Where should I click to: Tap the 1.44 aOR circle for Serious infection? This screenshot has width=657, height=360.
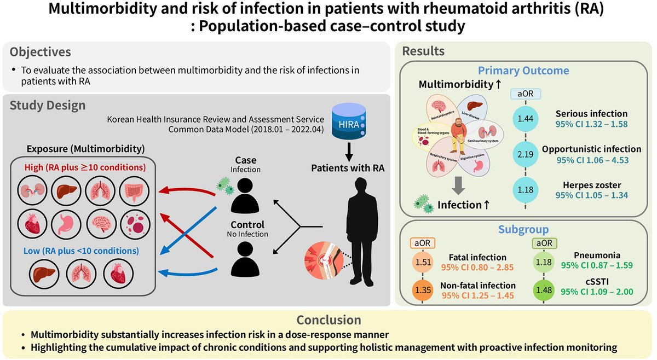click(525, 119)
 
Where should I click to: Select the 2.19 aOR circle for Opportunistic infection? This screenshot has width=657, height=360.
click(525, 155)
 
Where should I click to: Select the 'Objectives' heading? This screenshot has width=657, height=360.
click(41, 53)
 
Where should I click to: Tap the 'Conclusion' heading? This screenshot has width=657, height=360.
click(328, 320)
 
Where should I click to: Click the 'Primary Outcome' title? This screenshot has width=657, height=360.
click(523, 71)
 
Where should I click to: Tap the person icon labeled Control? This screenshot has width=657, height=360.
click(245, 259)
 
